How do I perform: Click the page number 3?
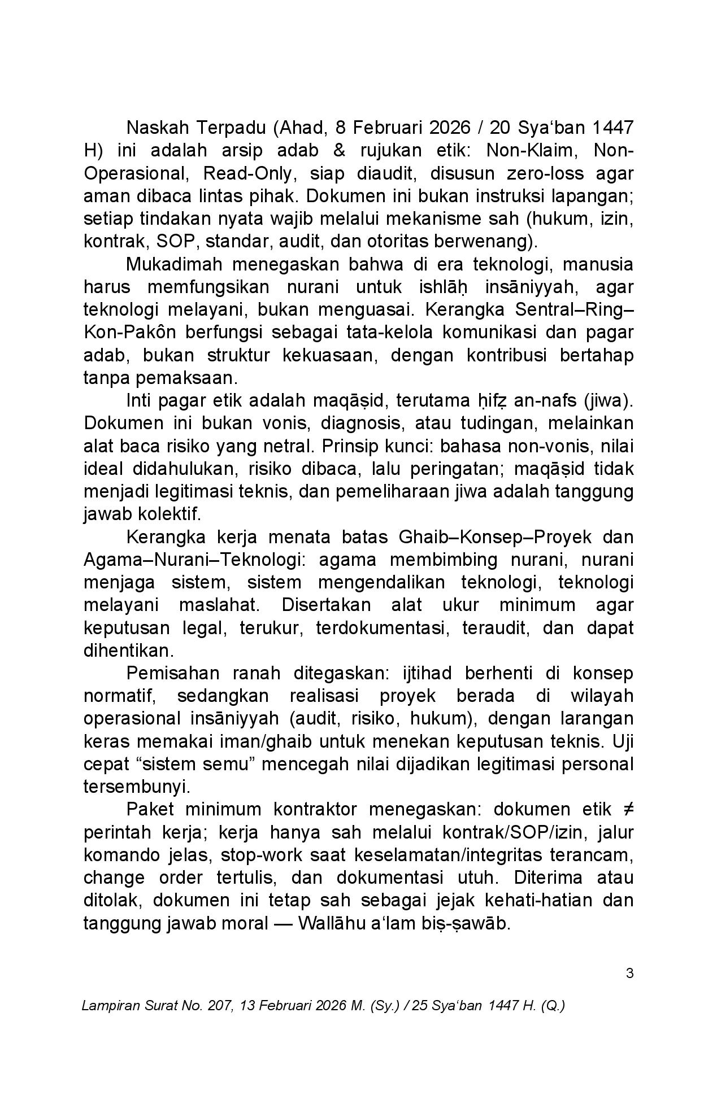pos(629,974)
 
